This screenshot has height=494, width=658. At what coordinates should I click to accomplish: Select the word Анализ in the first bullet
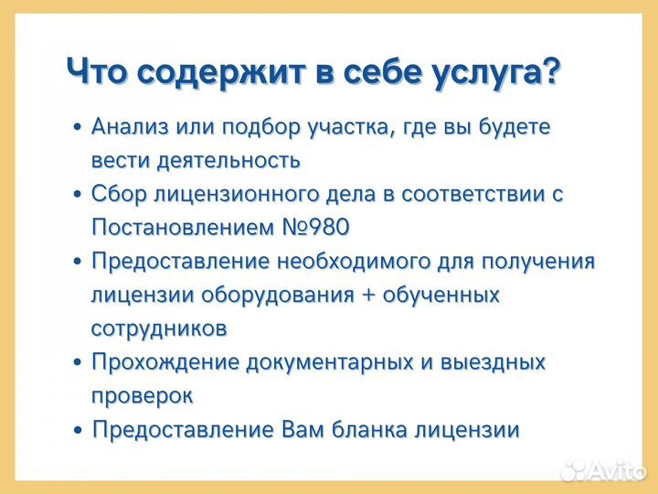[x=126, y=127]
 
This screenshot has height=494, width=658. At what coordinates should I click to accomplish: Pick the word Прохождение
[x=162, y=361]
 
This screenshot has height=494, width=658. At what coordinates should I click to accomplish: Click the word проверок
[x=142, y=395]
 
